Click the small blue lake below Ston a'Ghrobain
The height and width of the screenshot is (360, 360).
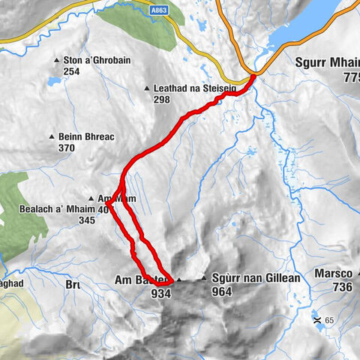coord(54,79)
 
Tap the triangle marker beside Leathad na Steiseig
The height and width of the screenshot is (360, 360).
coord(147,88)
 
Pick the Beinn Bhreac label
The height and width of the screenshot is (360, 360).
coord(84,137)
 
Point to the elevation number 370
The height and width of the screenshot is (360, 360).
coord(67,148)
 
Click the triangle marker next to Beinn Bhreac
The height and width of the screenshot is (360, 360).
coord(52,137)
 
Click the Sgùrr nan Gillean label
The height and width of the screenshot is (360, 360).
coord(256,278)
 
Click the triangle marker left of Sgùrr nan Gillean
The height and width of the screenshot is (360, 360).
coord(202,279)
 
